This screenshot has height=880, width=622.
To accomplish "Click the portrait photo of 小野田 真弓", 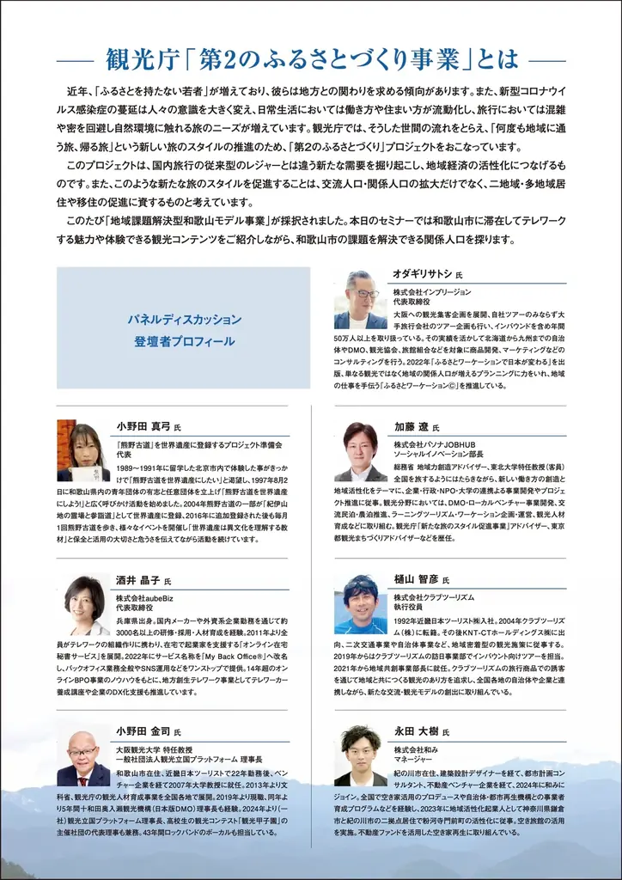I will click(x=83, y=451).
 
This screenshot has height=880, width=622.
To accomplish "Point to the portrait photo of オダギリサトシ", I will click(x=361, y=300).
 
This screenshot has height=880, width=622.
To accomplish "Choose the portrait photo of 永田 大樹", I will click(x=361, y=756).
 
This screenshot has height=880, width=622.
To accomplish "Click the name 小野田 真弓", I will click(x=143, y=426).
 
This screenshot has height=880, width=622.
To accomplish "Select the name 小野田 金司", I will click(x=143, y=732).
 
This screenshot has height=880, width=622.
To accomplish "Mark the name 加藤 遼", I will click(x=411, y=427).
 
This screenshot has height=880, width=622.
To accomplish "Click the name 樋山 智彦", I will click(x=416, y=580).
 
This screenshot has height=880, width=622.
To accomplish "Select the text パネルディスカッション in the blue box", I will click(x=184, y=320).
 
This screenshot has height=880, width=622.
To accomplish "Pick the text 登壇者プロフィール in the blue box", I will click(x=184, y=342).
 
